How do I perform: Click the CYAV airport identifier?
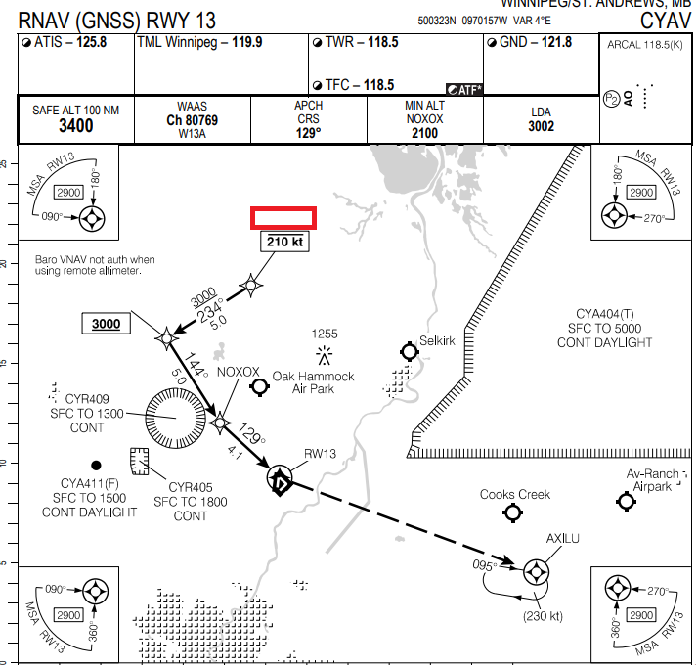668,20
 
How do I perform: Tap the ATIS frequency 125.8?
85,42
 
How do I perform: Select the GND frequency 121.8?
551,42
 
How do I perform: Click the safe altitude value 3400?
75,125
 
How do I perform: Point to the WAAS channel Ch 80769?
192,121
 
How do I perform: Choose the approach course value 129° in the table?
308,132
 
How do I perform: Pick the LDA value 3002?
541,126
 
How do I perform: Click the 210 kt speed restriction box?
283,240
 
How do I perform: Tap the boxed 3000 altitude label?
106,324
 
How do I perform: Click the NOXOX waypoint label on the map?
239,372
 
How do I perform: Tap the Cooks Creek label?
515,494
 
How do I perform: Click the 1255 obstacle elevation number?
324,334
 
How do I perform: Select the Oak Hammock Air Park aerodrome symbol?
259,387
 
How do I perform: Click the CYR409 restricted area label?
86,399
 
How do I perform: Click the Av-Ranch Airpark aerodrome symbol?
627,502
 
